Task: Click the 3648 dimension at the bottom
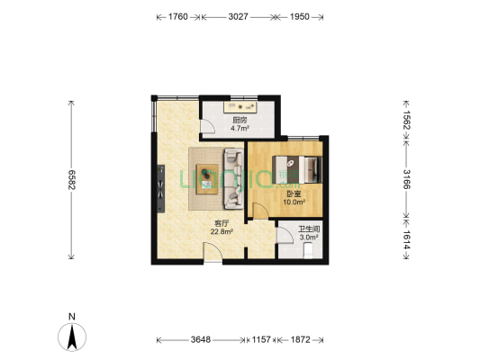tap(200, 340)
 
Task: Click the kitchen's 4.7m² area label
tap(240, 129)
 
